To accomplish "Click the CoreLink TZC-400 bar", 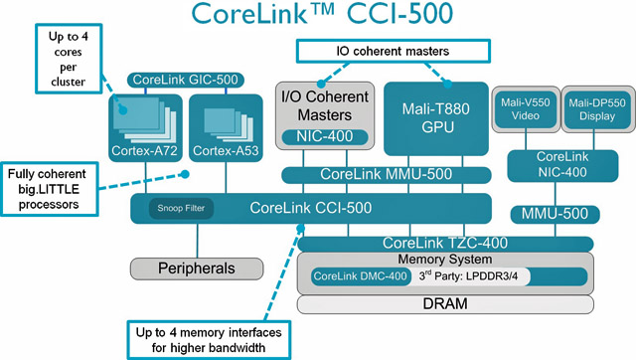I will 462,243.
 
